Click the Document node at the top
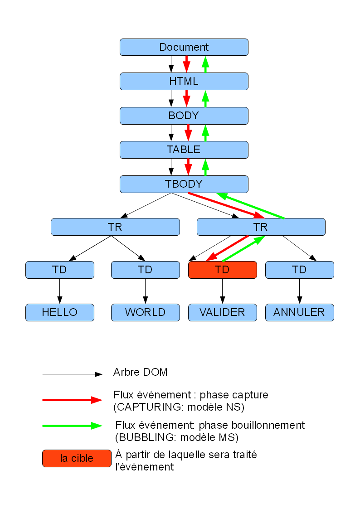point(184,47)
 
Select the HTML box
point(184,81)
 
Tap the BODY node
point(184,116)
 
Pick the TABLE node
point(184,150)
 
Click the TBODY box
point(184,184)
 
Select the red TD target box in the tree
point(222,270)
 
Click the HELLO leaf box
point(59,312)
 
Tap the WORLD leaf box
point(145,312)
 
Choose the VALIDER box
point(222,312)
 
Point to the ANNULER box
point(299,312)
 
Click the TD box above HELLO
point(59,270)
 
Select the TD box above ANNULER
point(299,270)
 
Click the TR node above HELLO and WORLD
point(115,227)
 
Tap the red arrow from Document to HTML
point(186,64)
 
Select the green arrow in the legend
point(72,426)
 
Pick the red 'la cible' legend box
point(77,458)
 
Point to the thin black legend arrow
point(72,374)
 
